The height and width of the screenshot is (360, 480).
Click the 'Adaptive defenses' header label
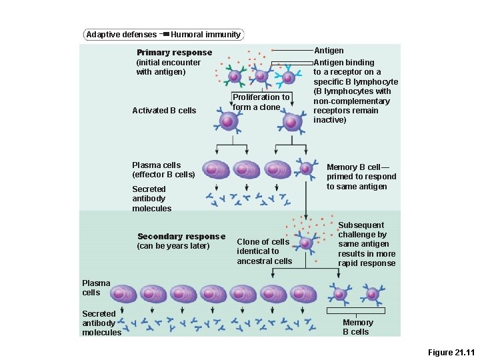(121, 35)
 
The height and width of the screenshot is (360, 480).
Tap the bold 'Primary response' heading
(174, 53)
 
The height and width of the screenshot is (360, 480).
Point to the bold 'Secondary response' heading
(181, 237)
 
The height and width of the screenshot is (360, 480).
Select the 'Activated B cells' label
(164, 111)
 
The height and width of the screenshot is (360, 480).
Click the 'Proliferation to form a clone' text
(261, 102)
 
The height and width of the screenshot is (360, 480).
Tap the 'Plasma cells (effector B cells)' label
(163, 170)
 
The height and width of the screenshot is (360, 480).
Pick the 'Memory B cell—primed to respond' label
(361, 177)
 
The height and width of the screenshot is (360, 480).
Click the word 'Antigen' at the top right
(329, 51)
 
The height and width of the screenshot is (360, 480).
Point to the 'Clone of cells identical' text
(264, 251)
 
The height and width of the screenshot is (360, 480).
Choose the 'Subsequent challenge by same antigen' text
(367, 244)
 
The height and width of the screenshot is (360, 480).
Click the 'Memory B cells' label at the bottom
(357, 327)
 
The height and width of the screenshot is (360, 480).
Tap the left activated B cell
(227, 122)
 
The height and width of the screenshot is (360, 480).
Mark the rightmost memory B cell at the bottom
(371, 293)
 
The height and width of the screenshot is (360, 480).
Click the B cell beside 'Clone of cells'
(305, 243)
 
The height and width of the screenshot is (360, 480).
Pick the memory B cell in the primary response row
(307, 169)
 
